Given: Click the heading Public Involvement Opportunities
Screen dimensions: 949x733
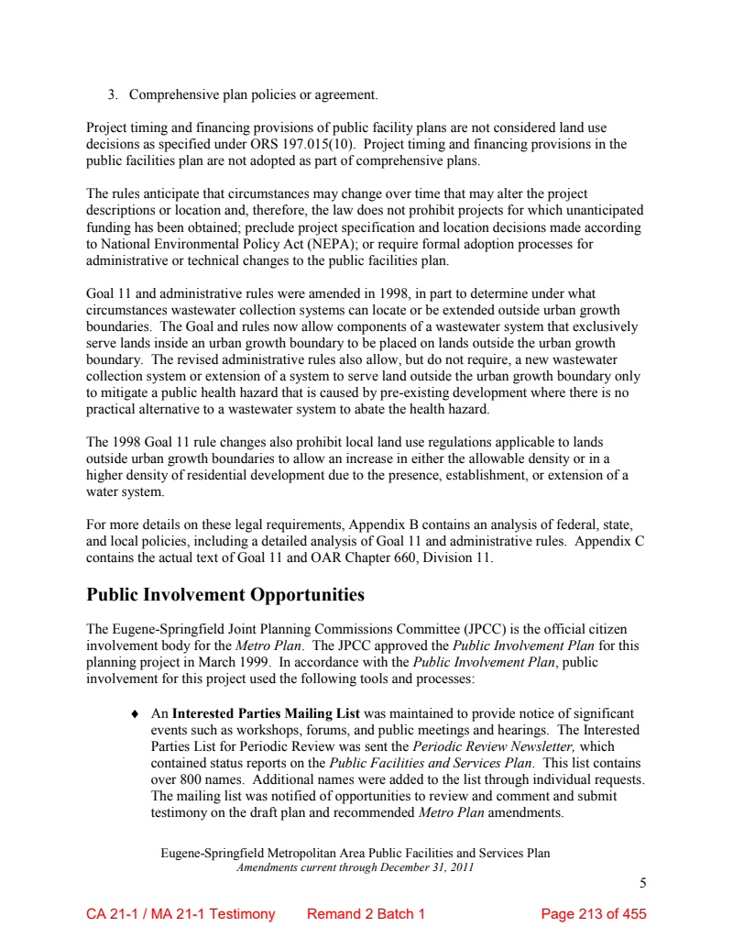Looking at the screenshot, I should tap(225, 595).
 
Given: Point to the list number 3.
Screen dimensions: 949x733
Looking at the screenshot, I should tap(113, 94).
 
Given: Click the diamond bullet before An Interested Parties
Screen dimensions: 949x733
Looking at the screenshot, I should tap(136, 713).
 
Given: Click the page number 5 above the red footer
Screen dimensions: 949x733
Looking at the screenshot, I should tap(642, 884).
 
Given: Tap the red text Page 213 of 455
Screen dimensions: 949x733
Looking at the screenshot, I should tap(594, 914).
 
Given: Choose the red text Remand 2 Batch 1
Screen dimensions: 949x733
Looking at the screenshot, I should tap(366, 914).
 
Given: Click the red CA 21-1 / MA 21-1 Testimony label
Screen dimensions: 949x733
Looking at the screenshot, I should tap(181, 914).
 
